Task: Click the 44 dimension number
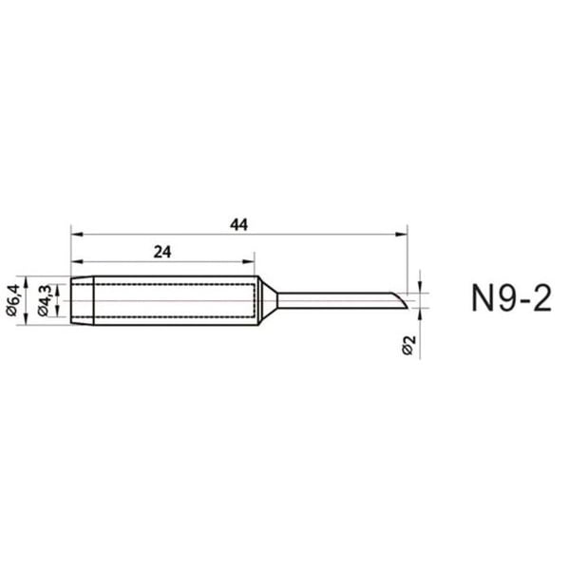coord(238,224)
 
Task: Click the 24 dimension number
coord(162,252)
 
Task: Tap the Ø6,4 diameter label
coord(12,300)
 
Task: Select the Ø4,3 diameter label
coord(45,300)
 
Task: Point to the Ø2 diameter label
coord(408,345)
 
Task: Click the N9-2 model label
coord(511,298)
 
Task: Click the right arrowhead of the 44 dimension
coord(401,235)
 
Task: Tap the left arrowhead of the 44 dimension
coord(77,235)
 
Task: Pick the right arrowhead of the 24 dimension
coord(248,261)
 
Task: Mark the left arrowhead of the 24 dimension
coord(77,261)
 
